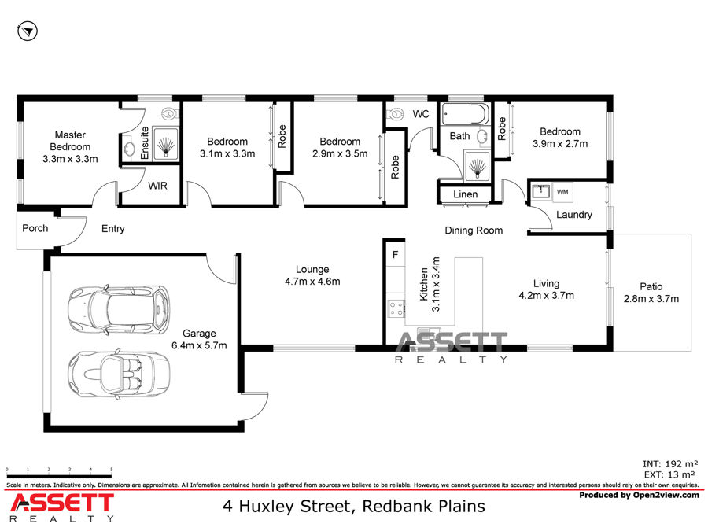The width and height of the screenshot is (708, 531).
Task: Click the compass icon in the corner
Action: coord(28,31)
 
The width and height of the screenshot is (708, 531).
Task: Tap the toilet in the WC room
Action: coord(396,113)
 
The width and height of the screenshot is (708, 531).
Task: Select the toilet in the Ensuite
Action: coord(168,113)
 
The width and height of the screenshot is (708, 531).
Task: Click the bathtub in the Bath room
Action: coord(465,114)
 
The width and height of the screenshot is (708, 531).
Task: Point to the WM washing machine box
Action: coord(562,193)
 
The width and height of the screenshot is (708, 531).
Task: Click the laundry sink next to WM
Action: coord(540,191)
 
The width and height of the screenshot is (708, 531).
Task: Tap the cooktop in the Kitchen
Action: coord(396,309)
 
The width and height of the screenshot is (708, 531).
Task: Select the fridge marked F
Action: coord(396,255)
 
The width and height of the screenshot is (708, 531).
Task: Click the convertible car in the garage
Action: coord(120,374)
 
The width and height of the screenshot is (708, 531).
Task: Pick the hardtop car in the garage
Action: coord(120,309)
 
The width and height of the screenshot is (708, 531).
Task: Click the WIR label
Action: coord(157,186)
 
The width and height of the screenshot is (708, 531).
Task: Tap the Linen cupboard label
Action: coord(465,194)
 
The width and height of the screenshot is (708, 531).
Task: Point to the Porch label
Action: coord(35,228)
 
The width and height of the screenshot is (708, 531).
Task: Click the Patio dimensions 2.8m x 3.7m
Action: coord(651,298)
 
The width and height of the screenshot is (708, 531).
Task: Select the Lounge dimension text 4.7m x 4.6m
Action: coord(312,282)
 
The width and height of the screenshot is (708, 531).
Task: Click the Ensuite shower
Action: coord(166,143)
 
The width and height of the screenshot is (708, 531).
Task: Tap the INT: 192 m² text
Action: coord(670,464)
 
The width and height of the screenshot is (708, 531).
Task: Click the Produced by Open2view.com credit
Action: coord(639,496)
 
